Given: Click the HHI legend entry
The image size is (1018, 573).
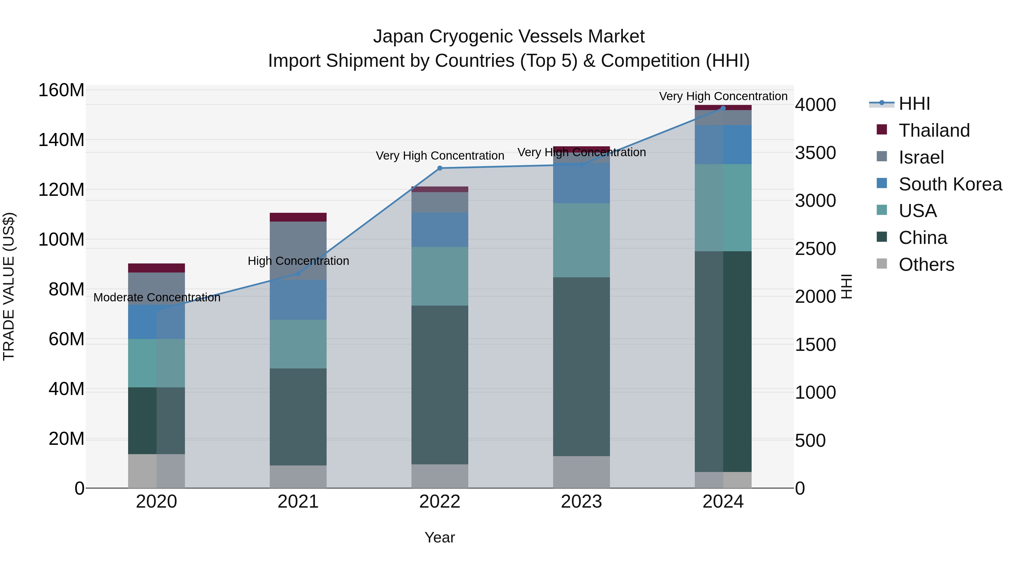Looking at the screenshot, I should (x=914, y=104).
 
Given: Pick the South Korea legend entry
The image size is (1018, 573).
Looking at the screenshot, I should (x=950, y=184).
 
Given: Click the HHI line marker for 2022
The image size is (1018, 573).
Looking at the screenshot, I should (x=440, y=168).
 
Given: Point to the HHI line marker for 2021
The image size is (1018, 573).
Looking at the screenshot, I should (x=298, y=274).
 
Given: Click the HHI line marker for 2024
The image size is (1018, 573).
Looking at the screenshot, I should (x=723, y=108).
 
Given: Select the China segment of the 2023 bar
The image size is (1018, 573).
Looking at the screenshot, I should (x=581, y=366).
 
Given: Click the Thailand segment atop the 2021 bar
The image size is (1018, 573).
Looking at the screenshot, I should (x=298, y=217).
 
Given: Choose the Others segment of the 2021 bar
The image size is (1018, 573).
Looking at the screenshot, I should (x=298, y=477).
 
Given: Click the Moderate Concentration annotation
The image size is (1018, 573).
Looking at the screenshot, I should (x=157, y=297).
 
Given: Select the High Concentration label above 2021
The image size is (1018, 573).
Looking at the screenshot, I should (x=298, y=261).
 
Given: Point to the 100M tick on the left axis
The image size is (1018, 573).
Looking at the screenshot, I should (x=61, y=240).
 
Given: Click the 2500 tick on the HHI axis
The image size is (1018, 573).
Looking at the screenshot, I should (x=815, y=249).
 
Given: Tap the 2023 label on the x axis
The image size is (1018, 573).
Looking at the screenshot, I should (x=581, y=502).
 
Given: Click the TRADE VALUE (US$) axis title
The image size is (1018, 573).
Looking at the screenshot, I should (x=9, y=286).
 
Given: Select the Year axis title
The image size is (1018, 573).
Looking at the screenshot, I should (x=440, y=537).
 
